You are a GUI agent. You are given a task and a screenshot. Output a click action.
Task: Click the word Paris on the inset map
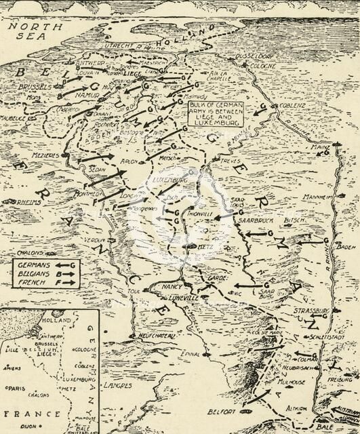pyautogui.click(x=18, y=389)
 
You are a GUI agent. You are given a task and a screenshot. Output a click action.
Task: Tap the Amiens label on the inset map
pyautogui.click(x=12, y=368)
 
